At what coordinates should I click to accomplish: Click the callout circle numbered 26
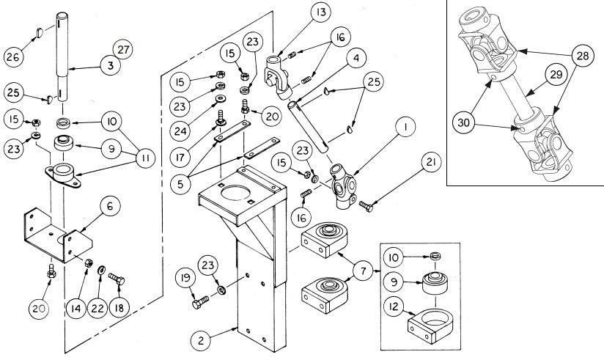pyautogui.click(x=13, y=57)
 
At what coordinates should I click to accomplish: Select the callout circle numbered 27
pyautogui.click(x=123, y=50)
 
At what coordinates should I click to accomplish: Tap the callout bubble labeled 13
pyautogui.click(x=320, y=12)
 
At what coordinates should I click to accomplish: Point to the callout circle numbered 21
pyautogui.click(x=431, y=162)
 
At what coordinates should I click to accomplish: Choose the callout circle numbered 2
pyautogui.click(x=201, y=340)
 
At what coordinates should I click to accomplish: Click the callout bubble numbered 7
pyautogui.click(x=364, y=271)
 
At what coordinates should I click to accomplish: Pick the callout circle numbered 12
pyautogui.click(x=394, y=307)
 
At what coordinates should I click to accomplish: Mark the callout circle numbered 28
pyautogui.click(x=583, y=56)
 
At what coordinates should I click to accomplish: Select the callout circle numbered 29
pyautogui.click(x=556, y=74)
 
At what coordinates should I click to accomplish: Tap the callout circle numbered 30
pyautogui.click(x=463, y=123)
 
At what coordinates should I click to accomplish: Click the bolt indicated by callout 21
pyautogui.click(x=366, y=206)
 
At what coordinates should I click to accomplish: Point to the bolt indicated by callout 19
pyautogui.click(x=200, y=302)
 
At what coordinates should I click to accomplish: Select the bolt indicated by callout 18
pyautogui.click(x=117, y=279)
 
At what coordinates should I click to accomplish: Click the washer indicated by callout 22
pyautogui.click(x=102, y=269)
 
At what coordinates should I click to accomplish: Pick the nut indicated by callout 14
pyautogui.click(x=88, y=262)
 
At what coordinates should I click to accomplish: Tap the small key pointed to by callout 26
pyautogui.click(x=40, y=33)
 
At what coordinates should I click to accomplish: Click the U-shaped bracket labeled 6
pyautogui.click(x=58, y=235)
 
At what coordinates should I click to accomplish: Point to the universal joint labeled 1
pyautogui.click(x=343, y=185)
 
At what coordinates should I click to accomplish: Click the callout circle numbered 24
pyautogui.click(x=180, y=131)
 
